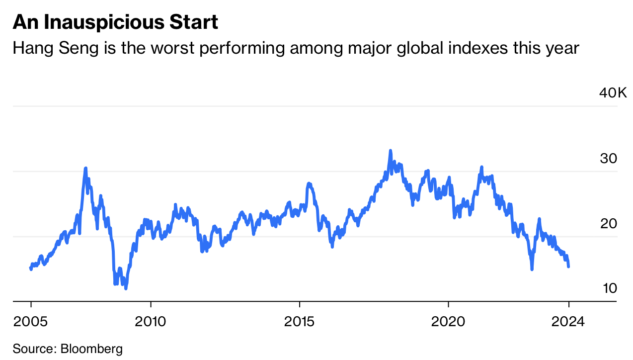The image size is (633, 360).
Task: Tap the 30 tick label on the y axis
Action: click(x=608, y=159)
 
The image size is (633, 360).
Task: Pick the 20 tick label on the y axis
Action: click(x=608, y=224)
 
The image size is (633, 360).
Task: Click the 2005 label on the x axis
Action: click(x=31, y=321)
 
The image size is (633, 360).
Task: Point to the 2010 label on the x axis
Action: click(x=151, y=321)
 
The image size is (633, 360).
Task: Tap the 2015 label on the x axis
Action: click(x=300, y=321)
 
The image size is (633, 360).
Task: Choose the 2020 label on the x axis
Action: click(x=449, y=321)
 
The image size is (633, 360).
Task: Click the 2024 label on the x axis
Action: click(x=569, y=321)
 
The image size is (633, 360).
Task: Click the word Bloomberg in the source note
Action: click(x=91, y=349)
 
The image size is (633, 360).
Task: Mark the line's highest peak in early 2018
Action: click(x=391, y=150)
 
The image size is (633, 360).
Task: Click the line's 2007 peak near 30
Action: click(x=85, y=168)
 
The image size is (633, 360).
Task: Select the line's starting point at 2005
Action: click(x=31, y=269)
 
